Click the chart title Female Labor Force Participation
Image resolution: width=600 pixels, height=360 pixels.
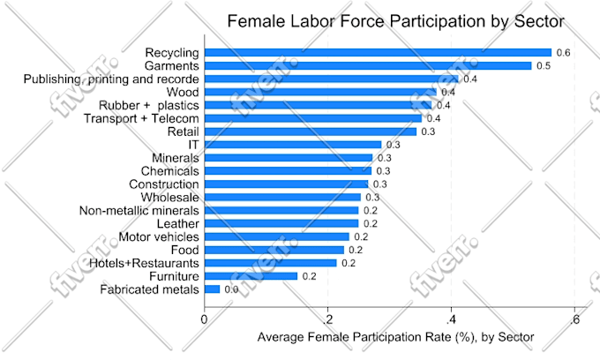pos(396,20)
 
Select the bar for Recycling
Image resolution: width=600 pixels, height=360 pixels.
pos(378,53)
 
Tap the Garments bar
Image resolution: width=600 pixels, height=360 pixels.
pos(368,66)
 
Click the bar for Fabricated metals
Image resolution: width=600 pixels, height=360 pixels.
pos(212,289)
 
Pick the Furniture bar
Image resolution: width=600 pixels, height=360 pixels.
pos(251,276)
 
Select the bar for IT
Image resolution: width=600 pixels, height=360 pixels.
pos(293,145)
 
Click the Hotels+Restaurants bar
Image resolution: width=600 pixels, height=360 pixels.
pos(271,263)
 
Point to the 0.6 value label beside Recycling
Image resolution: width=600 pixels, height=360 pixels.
pos(563,53)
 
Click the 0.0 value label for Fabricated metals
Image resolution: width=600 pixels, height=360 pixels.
pos(231,289)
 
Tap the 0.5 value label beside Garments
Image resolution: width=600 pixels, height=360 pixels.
pos(544,66)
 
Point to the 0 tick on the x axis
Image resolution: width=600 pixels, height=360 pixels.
pos(205,319)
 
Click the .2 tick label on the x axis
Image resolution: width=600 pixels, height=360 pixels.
pos(326,319)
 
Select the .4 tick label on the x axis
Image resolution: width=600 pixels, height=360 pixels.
pos(450,319)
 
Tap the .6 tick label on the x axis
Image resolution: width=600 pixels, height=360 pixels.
pos(574,319)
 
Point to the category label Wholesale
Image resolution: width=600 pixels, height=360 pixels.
pos(169,197)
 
